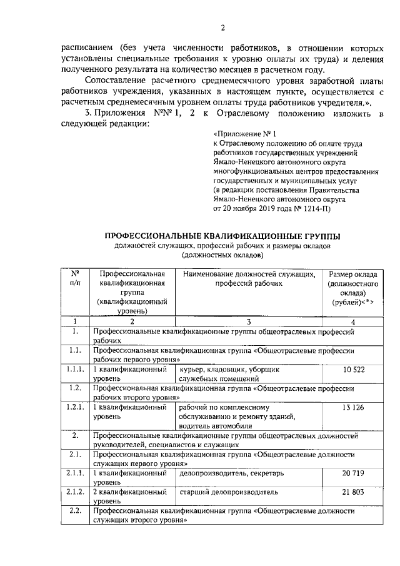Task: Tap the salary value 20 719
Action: click(353, 474)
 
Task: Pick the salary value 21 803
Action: click(353, 493)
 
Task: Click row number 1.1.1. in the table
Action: click(75, 370)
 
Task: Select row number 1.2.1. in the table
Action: click(75, 408)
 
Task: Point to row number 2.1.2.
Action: click(75, 493)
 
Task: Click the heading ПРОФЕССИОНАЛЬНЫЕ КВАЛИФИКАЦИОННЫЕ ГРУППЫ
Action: click(222, 236)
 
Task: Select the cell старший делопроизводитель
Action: click(220, 493)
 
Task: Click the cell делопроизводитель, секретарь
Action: click(223, 474)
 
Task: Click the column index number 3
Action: click(249, 321)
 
